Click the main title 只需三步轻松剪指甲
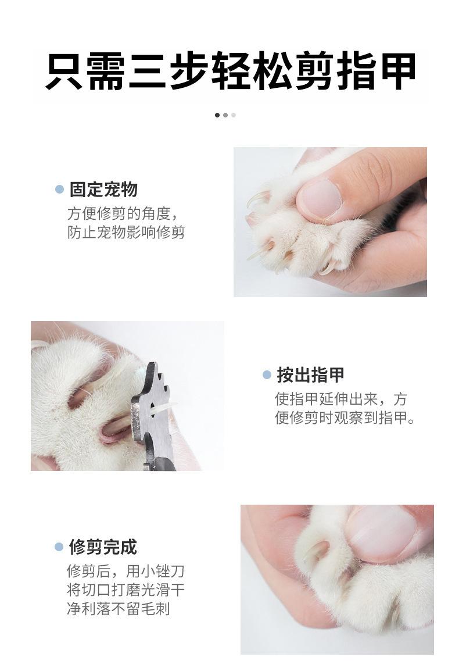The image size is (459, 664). [x=230, y=71]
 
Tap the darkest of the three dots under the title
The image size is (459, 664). [x=217, y=115]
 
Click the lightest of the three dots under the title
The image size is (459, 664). [x=234, y=115]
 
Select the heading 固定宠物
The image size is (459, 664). [x=103, y=190]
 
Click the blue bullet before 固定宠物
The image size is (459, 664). [x=60, y=190]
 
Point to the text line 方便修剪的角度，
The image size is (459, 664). [x=122, y=213]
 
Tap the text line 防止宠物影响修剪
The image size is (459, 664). [x=126, y=232]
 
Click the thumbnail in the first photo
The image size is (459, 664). [x=320, y=199]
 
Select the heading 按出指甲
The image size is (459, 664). [x=310, y=375]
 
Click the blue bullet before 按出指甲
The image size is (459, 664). [x=267, y=375]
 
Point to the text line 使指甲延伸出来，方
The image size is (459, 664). [x=341, y=399]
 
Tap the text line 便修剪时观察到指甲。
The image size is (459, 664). [x=345, y=417]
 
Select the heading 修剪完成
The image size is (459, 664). [x=103, y=547]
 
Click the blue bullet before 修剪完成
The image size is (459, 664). [x=59, y=547]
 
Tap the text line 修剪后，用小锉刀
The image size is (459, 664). [x=125, y=571]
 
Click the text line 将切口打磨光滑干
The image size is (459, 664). [x=125, y=590]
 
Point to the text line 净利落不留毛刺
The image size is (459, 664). [x=119, y=609]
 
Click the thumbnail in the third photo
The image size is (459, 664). [x=383, y=534]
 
